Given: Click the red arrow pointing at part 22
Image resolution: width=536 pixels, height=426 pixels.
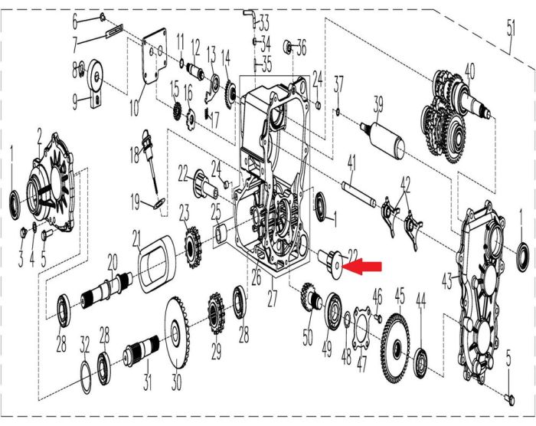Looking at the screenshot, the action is pos(361,266).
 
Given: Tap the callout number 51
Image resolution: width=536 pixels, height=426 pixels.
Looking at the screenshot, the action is pos(511,29).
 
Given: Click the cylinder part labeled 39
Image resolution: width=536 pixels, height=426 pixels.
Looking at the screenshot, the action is pos(383,140).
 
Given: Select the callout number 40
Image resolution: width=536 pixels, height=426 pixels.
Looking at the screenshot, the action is pos(469,72).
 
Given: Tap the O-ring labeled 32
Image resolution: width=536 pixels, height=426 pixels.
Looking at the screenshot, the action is pos(85,376).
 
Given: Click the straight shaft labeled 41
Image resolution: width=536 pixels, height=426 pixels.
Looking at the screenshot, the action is pos(359,195).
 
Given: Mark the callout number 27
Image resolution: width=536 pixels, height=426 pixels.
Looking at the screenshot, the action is pos(273,299).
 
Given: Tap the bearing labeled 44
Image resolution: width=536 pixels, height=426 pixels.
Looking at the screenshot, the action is pos(421,364).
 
